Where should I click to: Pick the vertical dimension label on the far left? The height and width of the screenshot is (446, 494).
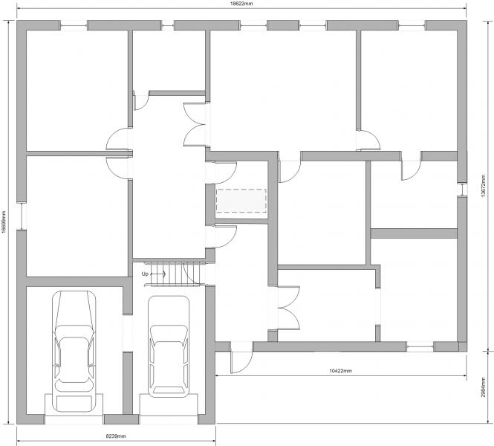3,222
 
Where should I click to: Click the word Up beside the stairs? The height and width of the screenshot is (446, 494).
145,274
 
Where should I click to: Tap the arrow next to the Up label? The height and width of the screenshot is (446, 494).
158,274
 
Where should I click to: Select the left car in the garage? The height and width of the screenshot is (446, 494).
74,352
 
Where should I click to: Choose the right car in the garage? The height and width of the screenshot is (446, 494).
169,346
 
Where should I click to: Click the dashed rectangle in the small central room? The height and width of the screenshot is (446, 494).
241,201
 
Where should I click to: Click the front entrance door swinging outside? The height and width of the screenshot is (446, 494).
241,358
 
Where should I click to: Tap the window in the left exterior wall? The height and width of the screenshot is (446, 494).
22,216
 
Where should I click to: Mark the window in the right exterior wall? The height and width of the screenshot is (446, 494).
462,190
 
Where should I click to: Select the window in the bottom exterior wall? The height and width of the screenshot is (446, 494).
420,348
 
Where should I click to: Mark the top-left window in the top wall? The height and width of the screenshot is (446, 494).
74,26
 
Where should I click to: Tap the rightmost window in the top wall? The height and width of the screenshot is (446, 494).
412,26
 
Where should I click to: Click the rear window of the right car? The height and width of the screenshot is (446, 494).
169,390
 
